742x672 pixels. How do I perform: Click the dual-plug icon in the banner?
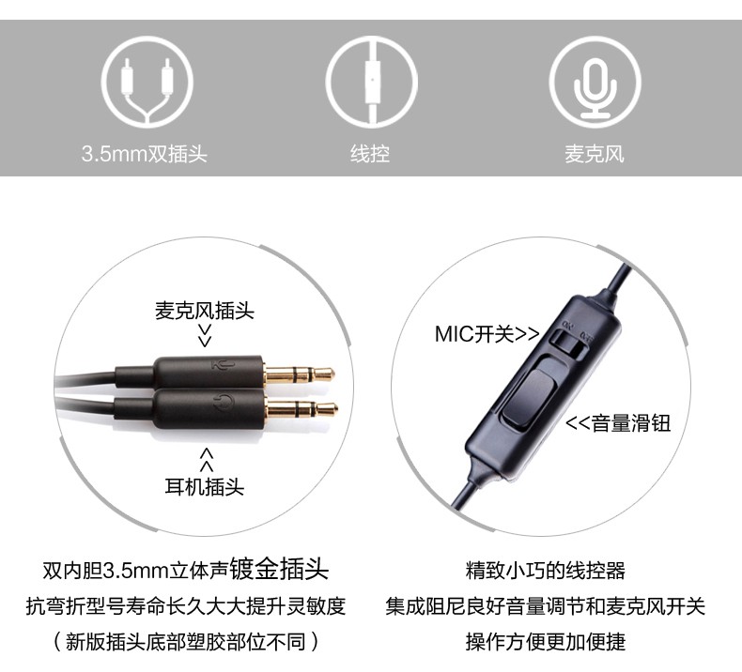[147, 83]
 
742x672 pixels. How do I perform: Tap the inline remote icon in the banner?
[372, 83]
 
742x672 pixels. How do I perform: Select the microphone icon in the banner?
[595, 83]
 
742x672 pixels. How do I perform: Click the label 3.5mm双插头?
[145, 154]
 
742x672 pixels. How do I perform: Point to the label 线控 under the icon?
[370, 154]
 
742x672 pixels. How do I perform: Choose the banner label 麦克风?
[595, 154]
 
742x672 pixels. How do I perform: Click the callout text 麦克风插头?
[205, 311]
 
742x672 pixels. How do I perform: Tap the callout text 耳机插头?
[205, 486]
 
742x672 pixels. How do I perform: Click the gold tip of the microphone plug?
[300, 374]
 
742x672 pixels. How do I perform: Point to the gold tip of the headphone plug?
[301, 408]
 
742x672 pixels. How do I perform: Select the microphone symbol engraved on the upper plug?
[223, 365]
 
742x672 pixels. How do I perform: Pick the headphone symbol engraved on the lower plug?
[224, 403]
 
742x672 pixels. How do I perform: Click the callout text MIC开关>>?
[487, 334]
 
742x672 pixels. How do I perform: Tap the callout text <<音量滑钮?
[618, 422]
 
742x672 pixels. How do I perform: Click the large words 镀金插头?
[279, 569]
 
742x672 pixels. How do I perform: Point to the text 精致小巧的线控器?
[546, 571]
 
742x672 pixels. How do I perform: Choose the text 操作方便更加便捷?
[546, 642]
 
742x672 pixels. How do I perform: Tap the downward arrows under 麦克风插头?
[205, 335]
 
